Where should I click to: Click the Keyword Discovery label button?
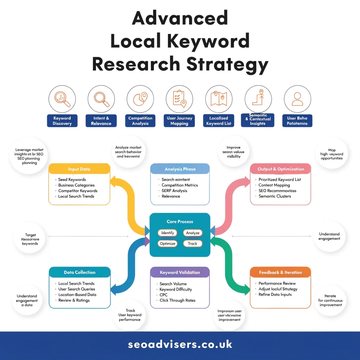[x=62, y=121]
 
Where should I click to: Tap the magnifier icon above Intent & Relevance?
[x=101, y=99]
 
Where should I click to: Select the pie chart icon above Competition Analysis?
[x=140, y=99]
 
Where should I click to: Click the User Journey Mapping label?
[x=179, y=121]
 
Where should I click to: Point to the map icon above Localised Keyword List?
[x=218, y=99]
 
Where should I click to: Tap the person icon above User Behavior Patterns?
[x=297, y=99]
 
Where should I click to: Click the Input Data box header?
[x=79, y=169]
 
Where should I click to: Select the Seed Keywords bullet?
[x=72, y=180]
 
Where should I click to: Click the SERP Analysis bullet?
[x=174, y=191]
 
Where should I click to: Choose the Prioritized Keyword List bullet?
[x=279, y=180]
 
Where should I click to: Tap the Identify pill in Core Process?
[x=168, y=233]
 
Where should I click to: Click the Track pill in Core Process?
[x=192, y=243]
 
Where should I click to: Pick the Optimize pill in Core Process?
[x=168, y=243]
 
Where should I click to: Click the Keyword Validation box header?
[x=180, y=272]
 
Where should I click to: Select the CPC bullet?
[x=163, y=295]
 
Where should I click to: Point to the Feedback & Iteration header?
[x=280, y=272]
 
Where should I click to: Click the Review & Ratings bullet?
[x=74, y=300]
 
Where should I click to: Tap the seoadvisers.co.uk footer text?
[x=180, y=345]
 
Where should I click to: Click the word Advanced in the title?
[x=180, y=18]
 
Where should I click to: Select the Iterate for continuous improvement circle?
[x=330, y=300]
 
